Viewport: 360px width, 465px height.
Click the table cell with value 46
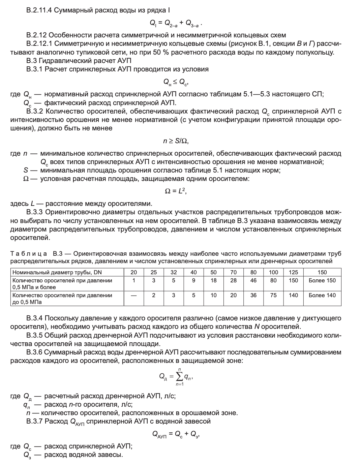253,280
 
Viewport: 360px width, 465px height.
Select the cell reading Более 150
322,280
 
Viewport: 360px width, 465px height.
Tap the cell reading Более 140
322,295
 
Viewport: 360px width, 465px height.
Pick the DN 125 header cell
294,272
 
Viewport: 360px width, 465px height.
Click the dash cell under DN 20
134,295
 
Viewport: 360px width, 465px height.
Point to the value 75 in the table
273,295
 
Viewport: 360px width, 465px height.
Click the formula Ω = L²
176,191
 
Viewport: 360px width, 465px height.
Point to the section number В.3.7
34,421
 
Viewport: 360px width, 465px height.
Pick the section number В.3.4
34,318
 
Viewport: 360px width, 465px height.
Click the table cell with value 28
233,280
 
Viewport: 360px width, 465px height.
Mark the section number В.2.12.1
39,44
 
